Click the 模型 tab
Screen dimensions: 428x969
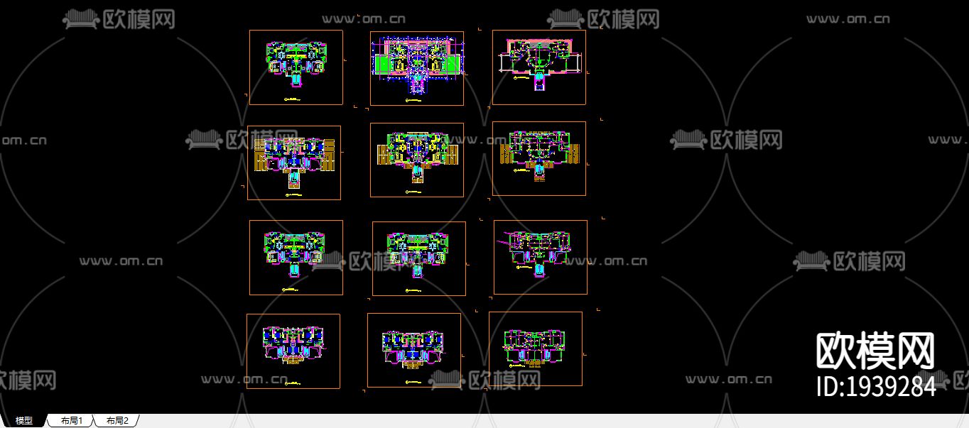tap(24, 421)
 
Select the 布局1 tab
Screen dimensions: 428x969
tap(72, 421)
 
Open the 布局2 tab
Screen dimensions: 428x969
tap(117, 421)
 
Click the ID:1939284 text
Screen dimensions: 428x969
tap(877, 387)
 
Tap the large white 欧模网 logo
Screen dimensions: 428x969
tap(875, 351)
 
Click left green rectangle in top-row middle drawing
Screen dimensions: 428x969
tap(382, 65)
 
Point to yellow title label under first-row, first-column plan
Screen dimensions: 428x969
tap(292, 99)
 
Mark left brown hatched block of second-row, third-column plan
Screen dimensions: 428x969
tap(507, 154)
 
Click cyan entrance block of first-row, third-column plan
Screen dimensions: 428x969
tap(539, 84)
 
